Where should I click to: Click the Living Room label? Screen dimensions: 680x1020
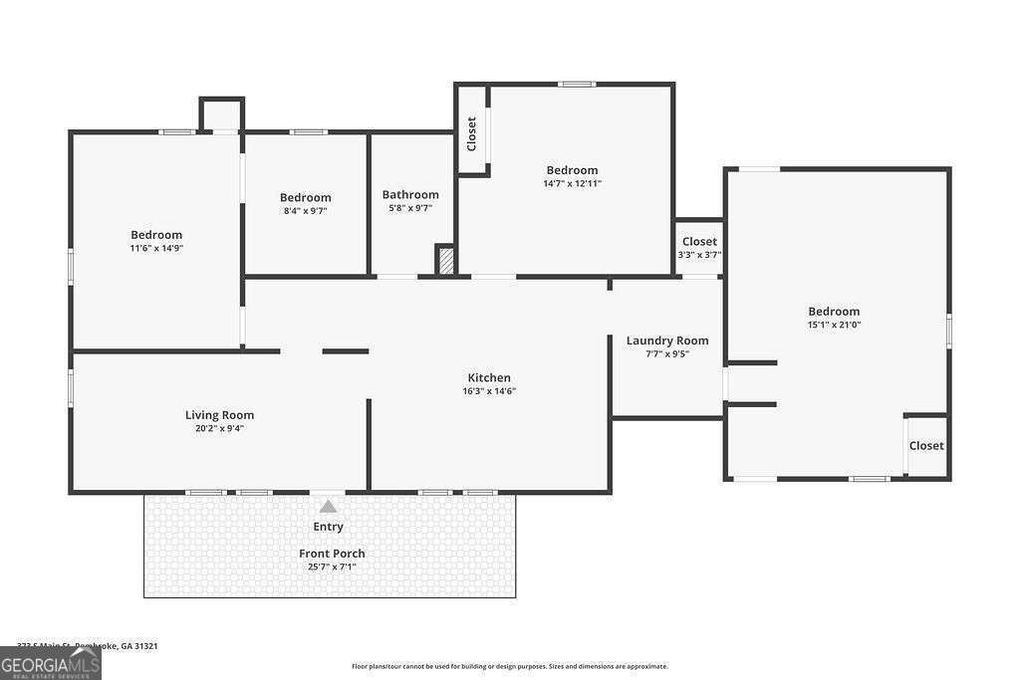[219, 415]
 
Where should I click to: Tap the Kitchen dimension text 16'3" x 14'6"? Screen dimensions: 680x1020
[489, 391]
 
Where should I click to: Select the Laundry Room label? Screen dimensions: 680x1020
[667, 340]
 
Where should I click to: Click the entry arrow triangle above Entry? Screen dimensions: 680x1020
[328, 507]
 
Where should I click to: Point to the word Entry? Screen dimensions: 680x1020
[328, 527]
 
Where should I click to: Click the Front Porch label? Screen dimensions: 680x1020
[332, 554]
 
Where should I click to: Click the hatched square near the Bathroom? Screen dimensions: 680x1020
[446, 261]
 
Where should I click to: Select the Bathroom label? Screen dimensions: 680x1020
[410, 195]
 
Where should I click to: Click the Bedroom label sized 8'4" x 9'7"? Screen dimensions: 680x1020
[305, 198]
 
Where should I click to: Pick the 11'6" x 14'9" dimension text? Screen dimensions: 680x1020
[156, 248]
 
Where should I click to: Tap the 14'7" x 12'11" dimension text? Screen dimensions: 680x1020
[572, 183]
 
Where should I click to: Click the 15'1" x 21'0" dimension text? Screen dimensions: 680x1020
[834, 325]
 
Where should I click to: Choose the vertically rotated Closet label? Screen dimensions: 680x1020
[472, 134]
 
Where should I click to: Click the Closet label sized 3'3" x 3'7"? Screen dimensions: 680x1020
[699, 242]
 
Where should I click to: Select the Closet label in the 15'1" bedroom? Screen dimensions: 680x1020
[926, 446]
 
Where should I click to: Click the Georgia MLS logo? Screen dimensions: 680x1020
[51, 664]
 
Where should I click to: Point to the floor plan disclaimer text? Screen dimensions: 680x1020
[509, 666]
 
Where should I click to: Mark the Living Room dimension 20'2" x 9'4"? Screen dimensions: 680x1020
[219, 428]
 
